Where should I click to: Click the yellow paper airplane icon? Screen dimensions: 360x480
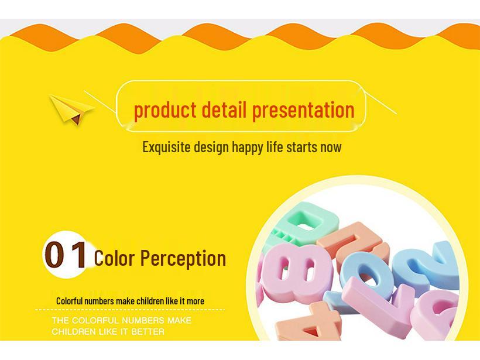(x=71, y=109)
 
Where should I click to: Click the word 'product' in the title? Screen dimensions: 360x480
(x=165, y=110)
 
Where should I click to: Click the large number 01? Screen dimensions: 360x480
(x=66, y=255)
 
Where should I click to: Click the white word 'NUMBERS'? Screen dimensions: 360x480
(x=144, y=320)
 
